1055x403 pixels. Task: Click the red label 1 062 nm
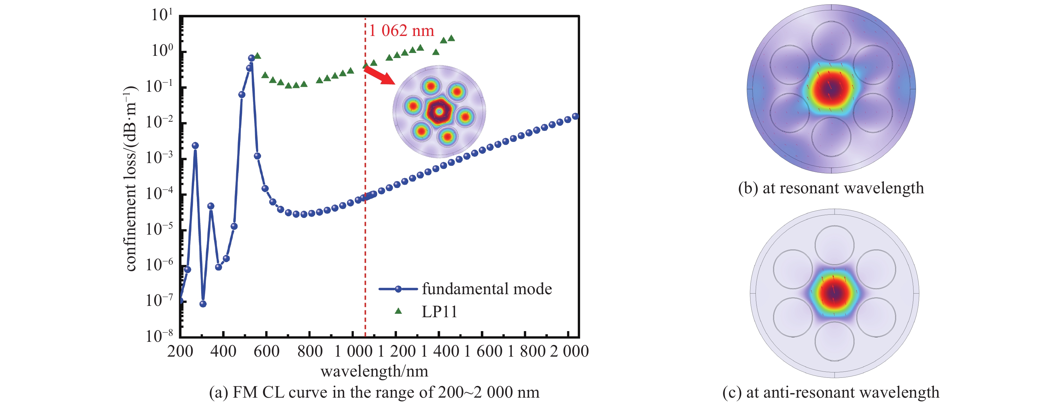point(401,31)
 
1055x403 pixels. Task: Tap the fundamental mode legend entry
point(465,289)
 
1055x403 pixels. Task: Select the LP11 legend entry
point(426,312)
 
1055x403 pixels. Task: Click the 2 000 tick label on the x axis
point(569,351)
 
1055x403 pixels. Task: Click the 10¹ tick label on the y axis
point(162,15)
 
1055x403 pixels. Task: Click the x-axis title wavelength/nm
point(374,371)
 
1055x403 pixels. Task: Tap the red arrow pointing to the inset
point(378,76)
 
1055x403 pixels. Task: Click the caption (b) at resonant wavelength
point(831,188)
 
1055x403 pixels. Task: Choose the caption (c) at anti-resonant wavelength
point(831,392)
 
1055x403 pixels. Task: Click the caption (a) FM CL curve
point(374,392)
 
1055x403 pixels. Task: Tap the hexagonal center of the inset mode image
point(439,111)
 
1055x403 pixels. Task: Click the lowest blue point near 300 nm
point(203,304)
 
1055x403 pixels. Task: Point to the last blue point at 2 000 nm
point(575,116)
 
